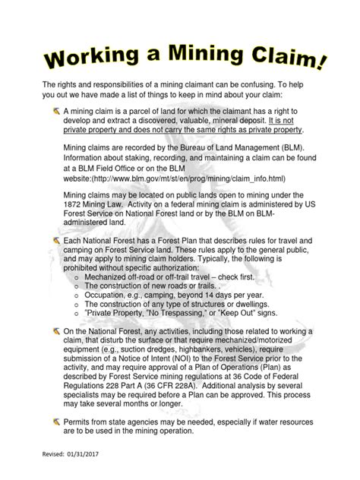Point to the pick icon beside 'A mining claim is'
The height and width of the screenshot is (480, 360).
[x=57, y=111]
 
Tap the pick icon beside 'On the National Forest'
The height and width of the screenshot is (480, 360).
[x=57, y=332]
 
